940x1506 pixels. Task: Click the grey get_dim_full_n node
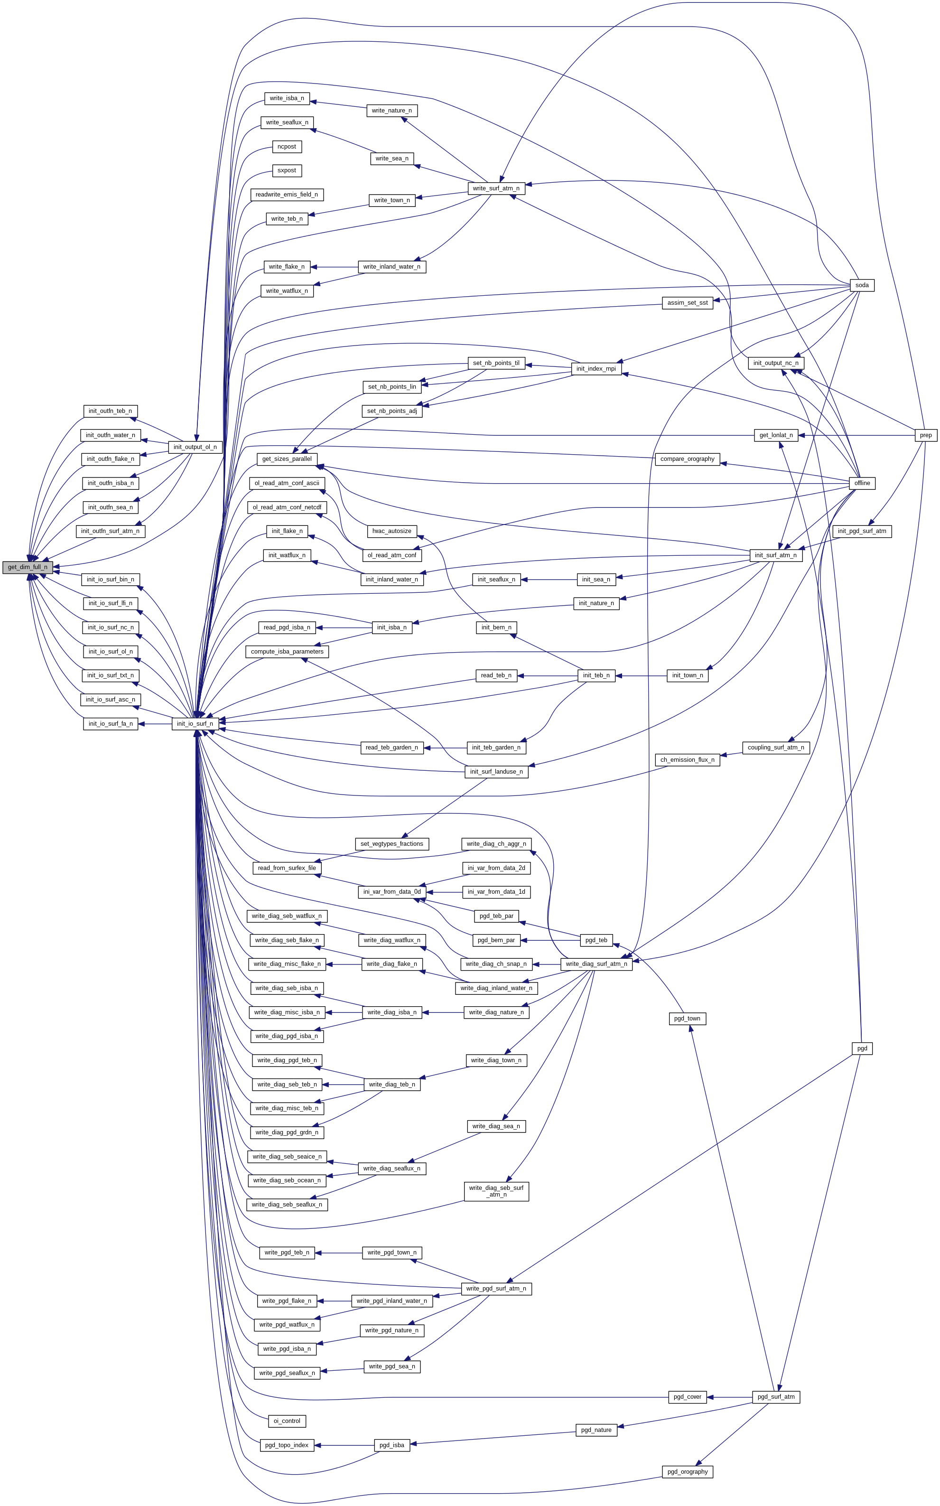(28, 567)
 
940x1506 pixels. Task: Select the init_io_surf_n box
(195, 723)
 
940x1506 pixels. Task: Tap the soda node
(862, 285)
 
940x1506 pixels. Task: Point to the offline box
(862, 483)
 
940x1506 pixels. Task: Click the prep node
(926, 435)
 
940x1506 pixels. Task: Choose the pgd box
(862, 1048)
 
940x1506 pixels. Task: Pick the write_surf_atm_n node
(496, 188)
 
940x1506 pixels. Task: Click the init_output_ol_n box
(195, 447)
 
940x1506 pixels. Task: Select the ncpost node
(287, 147)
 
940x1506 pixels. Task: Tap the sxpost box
(287, 170)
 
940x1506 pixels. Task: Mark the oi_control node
(287, 1421)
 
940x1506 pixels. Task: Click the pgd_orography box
(687, 1472)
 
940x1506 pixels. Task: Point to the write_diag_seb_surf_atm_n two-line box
(496, 1191)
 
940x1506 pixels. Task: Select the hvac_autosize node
(391, 531)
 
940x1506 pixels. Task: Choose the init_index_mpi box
(596, 369)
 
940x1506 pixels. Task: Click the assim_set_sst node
(687, 303)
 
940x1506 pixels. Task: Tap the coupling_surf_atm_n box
(775, 748)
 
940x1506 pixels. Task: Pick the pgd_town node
(687, 1019)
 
